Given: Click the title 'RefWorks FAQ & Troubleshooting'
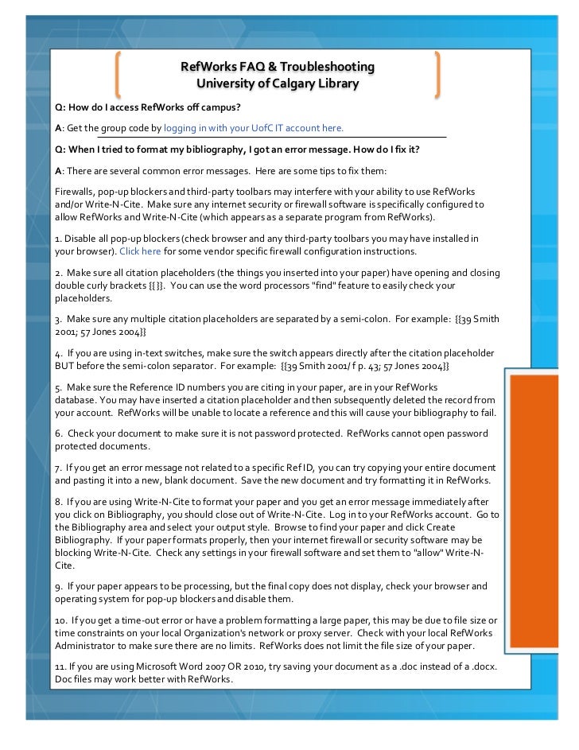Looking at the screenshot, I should (x=277, y=66).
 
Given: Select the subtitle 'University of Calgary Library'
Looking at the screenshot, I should (x=277, y=84).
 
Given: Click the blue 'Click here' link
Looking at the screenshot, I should (x=140, y=251).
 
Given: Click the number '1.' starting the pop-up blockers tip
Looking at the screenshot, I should (x=59, y=239).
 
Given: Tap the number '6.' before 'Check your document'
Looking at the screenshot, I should (x=59, y=433).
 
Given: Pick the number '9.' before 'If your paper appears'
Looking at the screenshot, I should (x=59, y=586).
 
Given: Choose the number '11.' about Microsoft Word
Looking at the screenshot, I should (x=60, y=665).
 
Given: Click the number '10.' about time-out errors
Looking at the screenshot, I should (x=61, y=620).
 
